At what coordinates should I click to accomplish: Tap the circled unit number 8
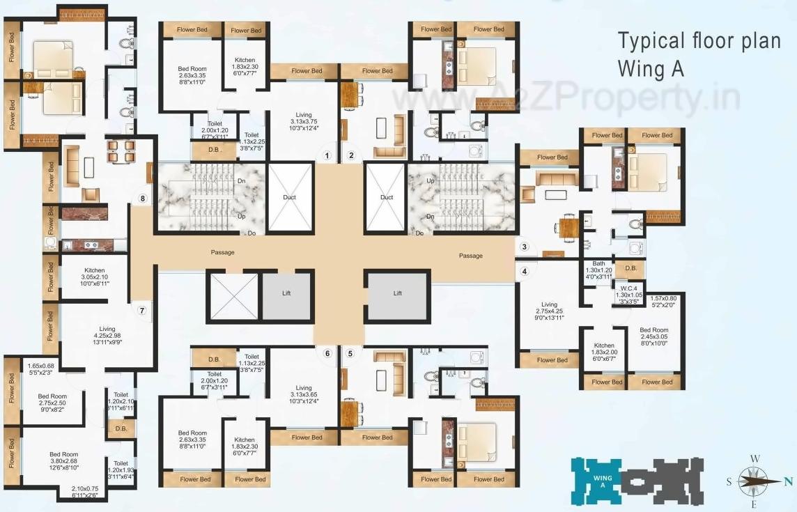pos(142,199)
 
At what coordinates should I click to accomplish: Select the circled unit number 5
pos(350,353)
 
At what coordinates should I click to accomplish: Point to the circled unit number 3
pos(525,246)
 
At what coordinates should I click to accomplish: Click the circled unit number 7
pos(142,311)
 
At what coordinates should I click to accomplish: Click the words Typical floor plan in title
pos(699,41)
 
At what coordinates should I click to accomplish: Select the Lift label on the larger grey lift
pos(397,293)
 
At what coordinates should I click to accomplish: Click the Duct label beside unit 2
pos(387,197)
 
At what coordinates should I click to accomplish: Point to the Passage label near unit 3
pos(470,256)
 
